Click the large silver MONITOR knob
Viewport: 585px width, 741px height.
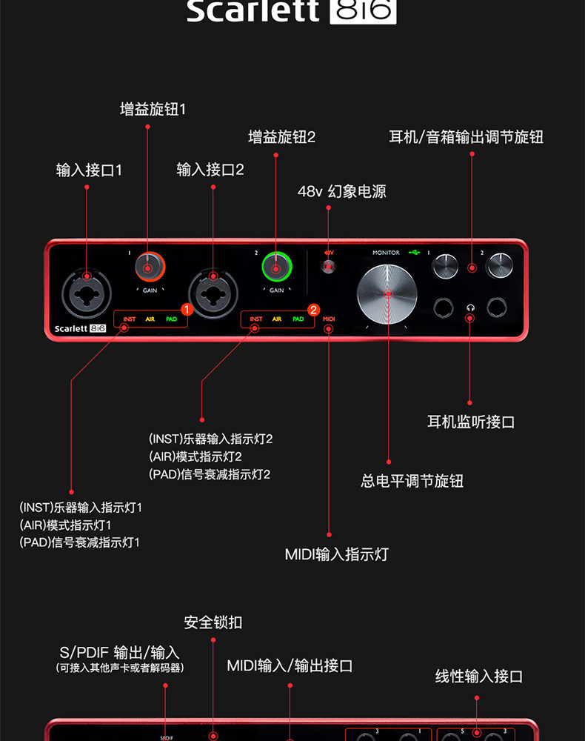[387, 293]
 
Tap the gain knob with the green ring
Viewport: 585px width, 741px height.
[276, 267]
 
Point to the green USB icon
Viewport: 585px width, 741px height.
[414, 253]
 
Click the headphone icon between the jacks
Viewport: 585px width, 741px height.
[469, 308]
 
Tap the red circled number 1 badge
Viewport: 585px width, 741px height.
[187, 308]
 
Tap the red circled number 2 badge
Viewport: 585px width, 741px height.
[313, 310]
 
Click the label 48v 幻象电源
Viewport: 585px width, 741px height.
[341, 191]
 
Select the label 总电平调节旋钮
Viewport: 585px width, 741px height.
[412, 481]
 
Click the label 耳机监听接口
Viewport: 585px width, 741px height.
[470, 422]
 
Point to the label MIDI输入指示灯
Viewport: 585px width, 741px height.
[336, 554]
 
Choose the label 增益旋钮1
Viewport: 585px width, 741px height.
[153, 109]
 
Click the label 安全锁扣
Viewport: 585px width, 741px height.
[213, 622]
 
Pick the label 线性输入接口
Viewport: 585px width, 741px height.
[478, 676]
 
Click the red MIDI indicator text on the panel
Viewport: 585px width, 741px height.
[330, 319]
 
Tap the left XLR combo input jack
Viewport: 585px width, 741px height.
[87, 290]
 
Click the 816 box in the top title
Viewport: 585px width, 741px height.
[363, 12]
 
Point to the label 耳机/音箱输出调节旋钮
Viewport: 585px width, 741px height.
[466, 137]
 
